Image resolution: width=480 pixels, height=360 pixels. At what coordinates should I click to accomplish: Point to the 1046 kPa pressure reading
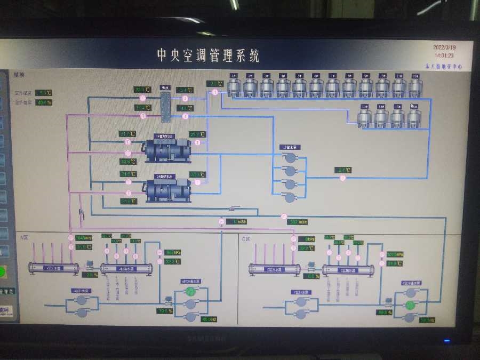tap(84, 238)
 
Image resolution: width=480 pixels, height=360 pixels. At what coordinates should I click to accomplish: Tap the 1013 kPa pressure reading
tap(395, 254)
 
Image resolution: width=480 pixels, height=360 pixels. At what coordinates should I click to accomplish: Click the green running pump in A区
tap(190, 291)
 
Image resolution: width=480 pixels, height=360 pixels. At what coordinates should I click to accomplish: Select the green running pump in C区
tap(410, 305)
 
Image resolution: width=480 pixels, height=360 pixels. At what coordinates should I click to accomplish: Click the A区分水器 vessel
tap(53, 268)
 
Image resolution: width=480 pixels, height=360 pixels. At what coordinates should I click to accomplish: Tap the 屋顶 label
tap(19, 75)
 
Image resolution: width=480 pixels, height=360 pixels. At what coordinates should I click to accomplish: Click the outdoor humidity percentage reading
tap(43, 102)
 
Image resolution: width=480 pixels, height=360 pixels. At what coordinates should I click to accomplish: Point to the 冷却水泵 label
tap(290, 147)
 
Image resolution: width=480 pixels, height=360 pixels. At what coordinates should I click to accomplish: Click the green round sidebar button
tap(3, 272)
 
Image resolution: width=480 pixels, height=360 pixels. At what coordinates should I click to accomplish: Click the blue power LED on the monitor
tap(447, 340)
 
